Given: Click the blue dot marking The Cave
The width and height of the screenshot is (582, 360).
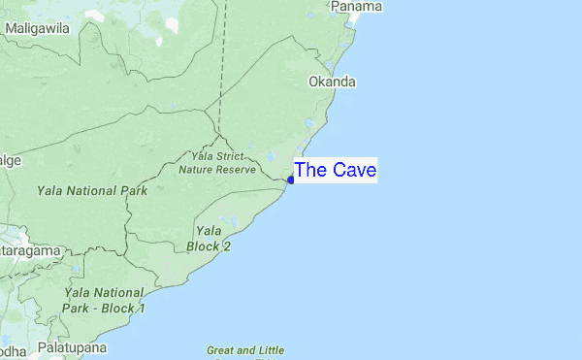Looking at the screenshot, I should tap(291, 180).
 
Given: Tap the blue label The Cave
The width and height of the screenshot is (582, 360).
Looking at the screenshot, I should tap(336, 171).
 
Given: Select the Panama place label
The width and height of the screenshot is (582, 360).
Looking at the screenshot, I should tap(356, 7).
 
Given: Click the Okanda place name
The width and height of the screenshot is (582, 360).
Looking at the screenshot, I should tap(332, 82).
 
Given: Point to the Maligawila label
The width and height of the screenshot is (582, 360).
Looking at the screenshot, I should tap(37, 29).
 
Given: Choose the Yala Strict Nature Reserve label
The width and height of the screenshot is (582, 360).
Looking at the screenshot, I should tap(217, 162).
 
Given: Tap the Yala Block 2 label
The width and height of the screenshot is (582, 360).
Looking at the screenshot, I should tap(209, 239).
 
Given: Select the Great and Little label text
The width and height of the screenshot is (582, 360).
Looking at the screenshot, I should tap(245, 350).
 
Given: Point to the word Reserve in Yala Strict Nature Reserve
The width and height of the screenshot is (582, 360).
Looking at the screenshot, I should tap(236, 169).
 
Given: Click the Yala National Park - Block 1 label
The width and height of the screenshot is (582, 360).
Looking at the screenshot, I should tap(105, 300).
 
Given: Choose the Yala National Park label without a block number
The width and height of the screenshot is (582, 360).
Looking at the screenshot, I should tap(92, 191).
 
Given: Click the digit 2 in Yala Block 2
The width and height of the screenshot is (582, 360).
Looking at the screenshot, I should tap(226, 246).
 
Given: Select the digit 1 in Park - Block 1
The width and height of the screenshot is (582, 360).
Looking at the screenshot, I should tap(141, 309).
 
